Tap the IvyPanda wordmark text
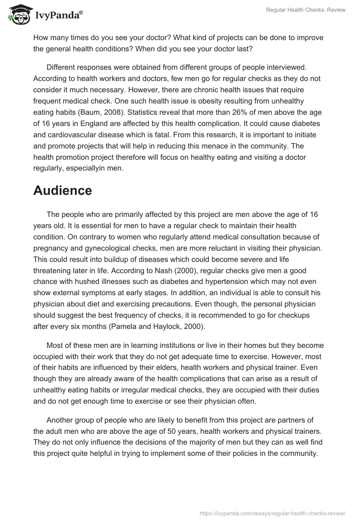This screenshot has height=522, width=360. (58, 14)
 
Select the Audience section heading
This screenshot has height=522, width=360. (63, 190)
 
